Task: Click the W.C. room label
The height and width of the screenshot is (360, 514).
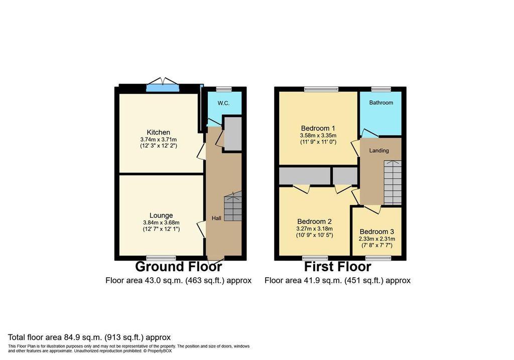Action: tap(223, 103)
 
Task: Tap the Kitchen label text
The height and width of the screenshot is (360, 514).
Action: tap(158, 133)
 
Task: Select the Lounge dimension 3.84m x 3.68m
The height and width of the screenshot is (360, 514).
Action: tap(161, 222)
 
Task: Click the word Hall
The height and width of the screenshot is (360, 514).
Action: tap(216, 218)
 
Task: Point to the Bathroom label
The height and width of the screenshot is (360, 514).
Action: tap(381, 102)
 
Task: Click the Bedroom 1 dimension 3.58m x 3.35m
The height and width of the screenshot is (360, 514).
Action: tap(318, 136)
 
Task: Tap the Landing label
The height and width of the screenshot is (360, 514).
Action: tap(379, 151)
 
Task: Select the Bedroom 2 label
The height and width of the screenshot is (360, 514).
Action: tap(314, 221)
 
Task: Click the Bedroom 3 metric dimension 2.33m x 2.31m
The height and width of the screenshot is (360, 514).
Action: tap(376, 239)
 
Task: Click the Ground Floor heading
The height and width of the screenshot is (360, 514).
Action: tap(178, 267)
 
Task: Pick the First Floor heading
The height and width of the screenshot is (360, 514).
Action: tap(338, 267)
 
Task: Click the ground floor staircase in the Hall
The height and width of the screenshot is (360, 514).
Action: tap(233, 206)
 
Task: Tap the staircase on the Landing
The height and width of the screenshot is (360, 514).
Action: tap(393, 183)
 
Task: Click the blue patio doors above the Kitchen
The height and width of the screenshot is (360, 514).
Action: tap(163, 87)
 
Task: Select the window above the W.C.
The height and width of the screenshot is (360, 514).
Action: tap(224, 89)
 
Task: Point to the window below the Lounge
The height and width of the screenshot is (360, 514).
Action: tap(161, 258)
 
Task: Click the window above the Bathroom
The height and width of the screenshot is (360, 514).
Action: tap(381, 89)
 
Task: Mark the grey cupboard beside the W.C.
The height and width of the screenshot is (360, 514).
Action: tap(232, 133)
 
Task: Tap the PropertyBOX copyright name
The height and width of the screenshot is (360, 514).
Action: tap(161, 351)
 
